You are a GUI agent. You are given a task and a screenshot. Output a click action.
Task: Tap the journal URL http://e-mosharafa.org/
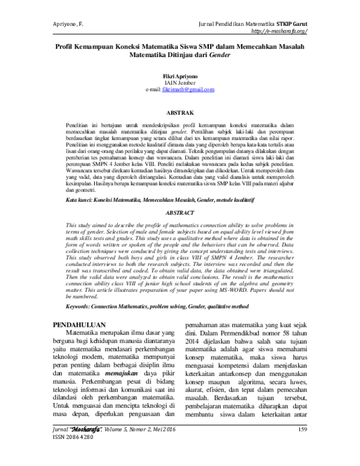pos(279,31)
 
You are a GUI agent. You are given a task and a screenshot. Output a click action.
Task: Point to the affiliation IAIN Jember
pos(180,83)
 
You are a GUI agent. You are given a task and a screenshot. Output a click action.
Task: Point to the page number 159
pos(301,446)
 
